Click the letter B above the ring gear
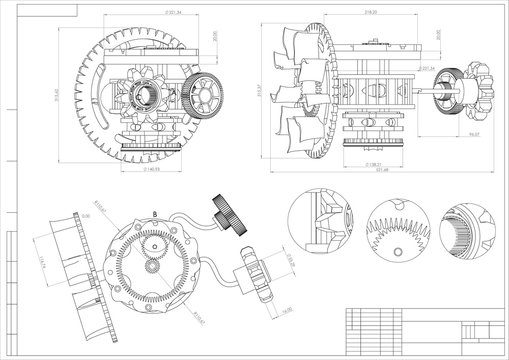click(155, 213)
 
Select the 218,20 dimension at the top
click(371, 11)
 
